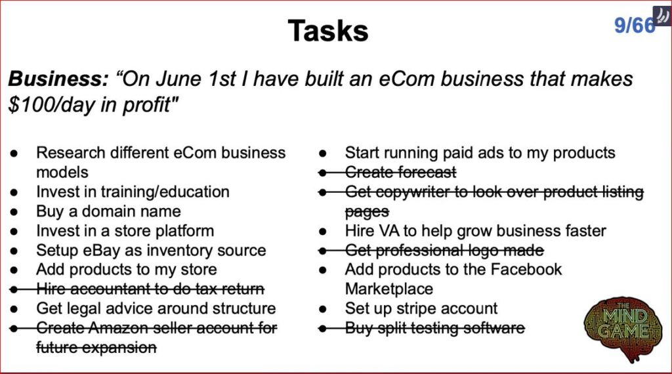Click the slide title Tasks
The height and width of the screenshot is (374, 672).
328,31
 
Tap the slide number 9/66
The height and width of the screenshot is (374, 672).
635,26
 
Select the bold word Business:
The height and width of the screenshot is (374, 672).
58,79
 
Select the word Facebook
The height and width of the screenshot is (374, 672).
526,270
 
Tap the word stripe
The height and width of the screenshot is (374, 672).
415,308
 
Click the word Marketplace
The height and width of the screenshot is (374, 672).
389,289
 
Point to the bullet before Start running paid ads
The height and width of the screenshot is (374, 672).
323,154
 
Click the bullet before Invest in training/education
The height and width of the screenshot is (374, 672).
14,192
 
